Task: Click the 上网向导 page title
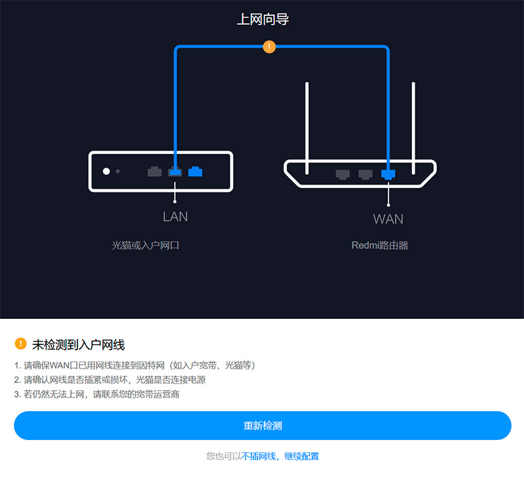pos(263,20)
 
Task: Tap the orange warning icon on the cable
pos(269,46)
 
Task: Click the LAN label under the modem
pos(175,216)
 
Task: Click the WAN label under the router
pos(388,219)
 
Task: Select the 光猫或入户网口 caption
pos(145,246)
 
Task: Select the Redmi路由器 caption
pos(380,246)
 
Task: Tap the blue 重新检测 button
pos(263,426)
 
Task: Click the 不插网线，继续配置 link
pos(280,456)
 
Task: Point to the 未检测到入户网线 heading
pos(79,344)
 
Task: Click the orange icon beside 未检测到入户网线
pos(21,344)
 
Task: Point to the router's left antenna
pos(307,121)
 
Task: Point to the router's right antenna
pos(413,121)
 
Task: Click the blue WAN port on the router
pos(388,174)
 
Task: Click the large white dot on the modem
pos(106,172)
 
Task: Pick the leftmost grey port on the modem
pos(155,172)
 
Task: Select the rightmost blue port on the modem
pos(195,172)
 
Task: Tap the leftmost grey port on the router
pos(343,174)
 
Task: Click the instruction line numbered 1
pos(134,365)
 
